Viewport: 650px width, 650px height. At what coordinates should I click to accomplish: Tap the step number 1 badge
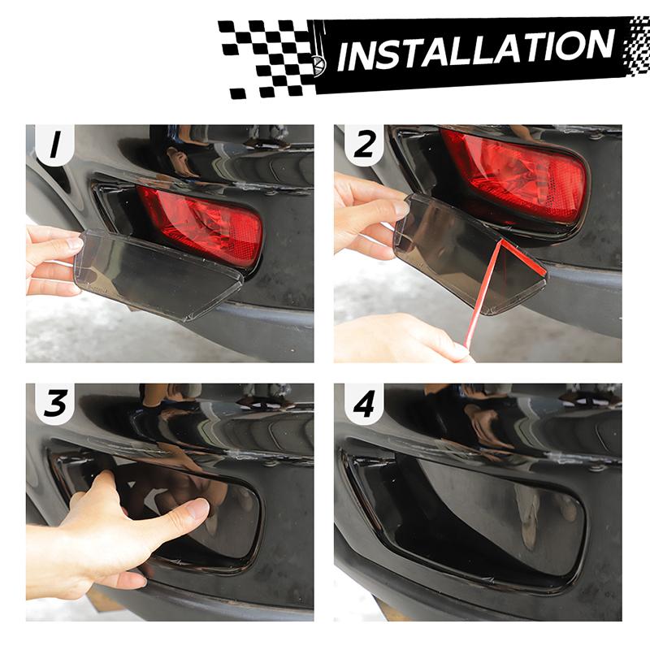(x=54, y=146)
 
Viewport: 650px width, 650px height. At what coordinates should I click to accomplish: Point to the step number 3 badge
(x=54, y=404)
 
